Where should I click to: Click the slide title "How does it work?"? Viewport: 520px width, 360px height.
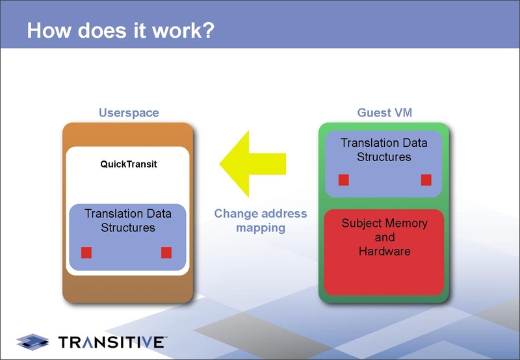[x=121, y=31]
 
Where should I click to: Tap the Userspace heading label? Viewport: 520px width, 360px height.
[x=129, y=112]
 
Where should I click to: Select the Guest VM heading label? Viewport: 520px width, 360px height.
[x=385, y=112]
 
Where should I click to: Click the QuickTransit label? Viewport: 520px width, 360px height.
[x=129, y=164]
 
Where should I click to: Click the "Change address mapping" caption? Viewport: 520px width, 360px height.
[x=261, y=220]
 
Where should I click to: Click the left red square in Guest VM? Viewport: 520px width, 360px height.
[x=344, y=180]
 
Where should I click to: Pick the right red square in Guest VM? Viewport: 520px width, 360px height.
[x=426, y=180]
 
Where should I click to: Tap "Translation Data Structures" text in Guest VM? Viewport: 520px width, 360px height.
[x=384, y=149]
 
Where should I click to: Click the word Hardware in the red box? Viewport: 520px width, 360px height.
[x=385, y=251]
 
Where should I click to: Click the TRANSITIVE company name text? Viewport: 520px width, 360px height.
[x=112, y=342]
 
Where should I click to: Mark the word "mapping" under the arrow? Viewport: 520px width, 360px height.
[x=261, y=227]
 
